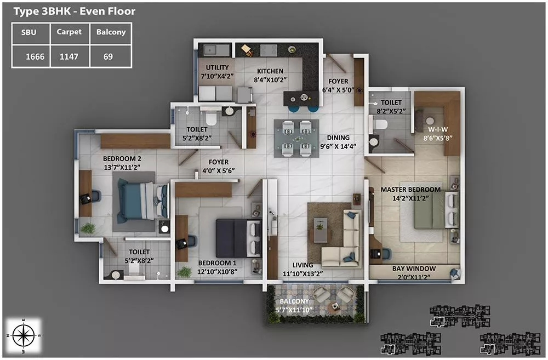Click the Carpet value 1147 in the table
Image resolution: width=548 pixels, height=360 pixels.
[69, 56]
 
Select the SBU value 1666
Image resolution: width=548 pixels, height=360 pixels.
[35, 56]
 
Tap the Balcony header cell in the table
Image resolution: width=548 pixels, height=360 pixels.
[111, 32]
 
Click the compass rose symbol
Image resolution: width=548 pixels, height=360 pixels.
[23, 335]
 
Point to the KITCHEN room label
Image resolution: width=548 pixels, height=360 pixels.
[270, 71]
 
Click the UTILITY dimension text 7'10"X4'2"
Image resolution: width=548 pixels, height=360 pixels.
[217, 76]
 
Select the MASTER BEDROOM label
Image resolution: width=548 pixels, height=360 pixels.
[410, 190]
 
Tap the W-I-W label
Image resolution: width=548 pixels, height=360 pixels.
[438, 129]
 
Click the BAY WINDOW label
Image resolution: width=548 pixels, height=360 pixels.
[414, 268]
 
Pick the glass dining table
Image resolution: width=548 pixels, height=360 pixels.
[296, 139]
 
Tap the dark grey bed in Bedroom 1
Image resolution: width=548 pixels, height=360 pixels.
[238, 238]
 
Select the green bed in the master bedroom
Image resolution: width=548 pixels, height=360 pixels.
[436, 210]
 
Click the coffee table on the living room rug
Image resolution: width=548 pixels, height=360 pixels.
[321, 229]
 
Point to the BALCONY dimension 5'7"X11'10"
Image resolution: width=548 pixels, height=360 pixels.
[294, 310]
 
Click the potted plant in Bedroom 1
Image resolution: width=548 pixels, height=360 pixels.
[184, 272]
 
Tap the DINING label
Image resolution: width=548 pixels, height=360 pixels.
[338, 138]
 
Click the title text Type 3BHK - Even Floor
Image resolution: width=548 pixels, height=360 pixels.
[75, 12]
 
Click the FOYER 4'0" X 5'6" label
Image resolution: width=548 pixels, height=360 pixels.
[219, 167]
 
